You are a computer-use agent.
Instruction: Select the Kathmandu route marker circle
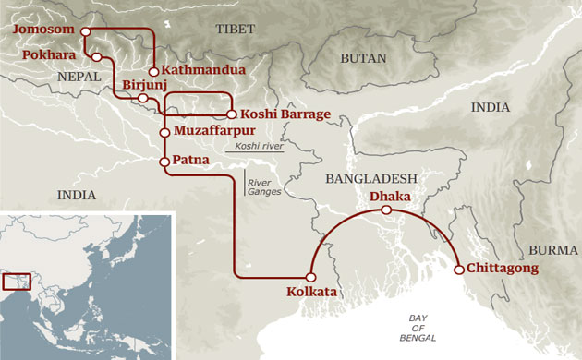[153, 71]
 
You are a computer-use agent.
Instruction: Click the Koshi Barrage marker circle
[230, 114]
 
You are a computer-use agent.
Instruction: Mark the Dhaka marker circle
[387, 210]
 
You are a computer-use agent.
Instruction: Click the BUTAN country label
[358, 57]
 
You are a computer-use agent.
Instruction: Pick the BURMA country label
[552, 250]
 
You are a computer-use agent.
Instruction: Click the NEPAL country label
[78, 78]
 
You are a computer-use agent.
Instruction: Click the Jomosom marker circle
[85, 30]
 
